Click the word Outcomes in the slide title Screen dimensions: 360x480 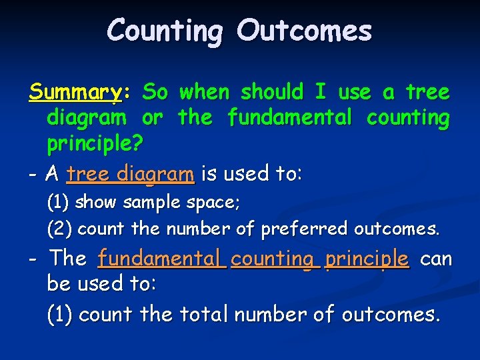[304, 30]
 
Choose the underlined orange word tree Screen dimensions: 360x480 [89, 175]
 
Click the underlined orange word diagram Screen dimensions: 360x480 [155, 175]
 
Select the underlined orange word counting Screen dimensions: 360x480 [273, 258]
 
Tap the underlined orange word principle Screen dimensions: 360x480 [366, 259]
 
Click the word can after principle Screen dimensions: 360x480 [436, 258]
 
